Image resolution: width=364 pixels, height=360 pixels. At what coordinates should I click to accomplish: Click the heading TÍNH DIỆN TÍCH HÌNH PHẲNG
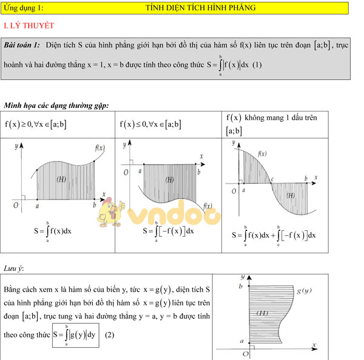(200, 8)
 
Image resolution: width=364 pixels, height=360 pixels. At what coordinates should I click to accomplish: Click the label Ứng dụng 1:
(24, 8)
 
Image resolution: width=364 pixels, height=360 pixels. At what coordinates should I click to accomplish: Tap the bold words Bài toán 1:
(22, 45)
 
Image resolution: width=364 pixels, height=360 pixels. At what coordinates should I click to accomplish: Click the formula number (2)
(110, 335)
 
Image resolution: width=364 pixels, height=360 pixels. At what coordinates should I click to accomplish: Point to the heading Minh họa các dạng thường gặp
(56, 105)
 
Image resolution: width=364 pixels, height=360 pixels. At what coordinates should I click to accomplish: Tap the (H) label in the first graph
(61, 179)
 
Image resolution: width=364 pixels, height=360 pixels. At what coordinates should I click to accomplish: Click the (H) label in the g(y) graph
(262, 313)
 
